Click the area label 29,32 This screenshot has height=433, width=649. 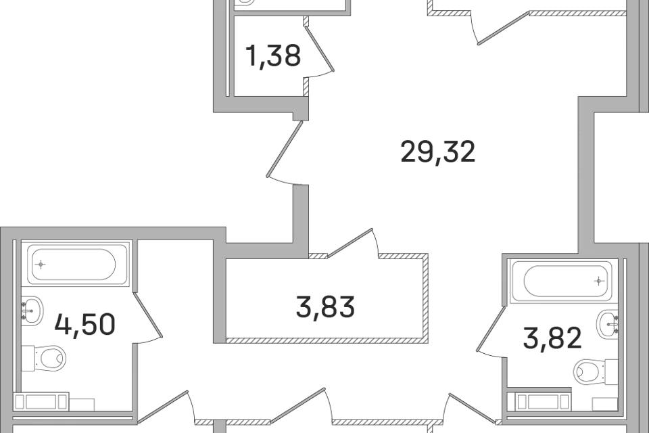(x=438, y=152)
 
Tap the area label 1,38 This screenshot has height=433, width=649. (x=273, y=56)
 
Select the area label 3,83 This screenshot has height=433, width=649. (x=325, y=307)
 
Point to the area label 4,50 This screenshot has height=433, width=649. (x=85, y=325)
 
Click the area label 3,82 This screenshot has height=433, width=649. (x=552, y=338)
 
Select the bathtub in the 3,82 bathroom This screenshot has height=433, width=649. (x=561, y=281)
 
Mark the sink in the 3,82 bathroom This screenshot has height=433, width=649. (x=607, y=323)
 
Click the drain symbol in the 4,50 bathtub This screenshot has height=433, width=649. (x=41, y=265)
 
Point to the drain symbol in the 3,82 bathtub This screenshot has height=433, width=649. (x=598, y=281)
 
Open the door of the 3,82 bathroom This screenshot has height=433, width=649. (x=490, y=331)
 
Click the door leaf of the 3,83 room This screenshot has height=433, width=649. (x=350, y=243)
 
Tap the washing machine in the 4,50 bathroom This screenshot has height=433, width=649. (x=41, y=401)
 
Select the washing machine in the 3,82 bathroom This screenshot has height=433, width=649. (x=542, y=401)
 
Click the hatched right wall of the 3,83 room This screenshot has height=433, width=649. (x=425, y=298)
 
